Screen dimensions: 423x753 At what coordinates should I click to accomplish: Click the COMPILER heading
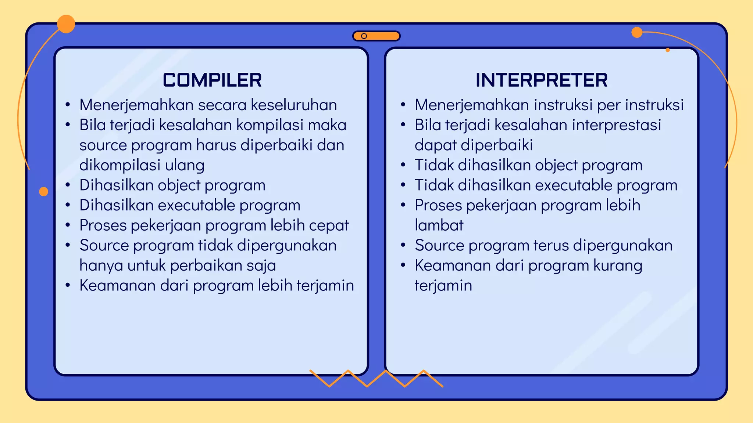point(212,80)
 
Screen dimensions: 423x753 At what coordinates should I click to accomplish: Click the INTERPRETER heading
point(541,80)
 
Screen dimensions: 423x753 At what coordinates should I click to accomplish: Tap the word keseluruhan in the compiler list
point(294,105)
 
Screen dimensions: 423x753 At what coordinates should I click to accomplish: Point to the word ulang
point(185,165)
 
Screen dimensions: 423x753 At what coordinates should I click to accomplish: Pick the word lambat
point(439,225)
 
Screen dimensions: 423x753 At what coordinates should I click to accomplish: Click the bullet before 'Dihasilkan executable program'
point(68,205)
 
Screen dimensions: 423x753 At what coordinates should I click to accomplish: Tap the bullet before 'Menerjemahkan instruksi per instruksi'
point(403,105)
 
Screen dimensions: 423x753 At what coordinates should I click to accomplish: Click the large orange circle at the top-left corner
point(66,24)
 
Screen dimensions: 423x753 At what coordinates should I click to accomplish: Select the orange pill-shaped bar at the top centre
point(382,36)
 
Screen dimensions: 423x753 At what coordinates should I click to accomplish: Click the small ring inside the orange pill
point(364,36)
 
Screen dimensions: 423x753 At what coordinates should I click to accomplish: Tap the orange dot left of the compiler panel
point(43,191)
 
